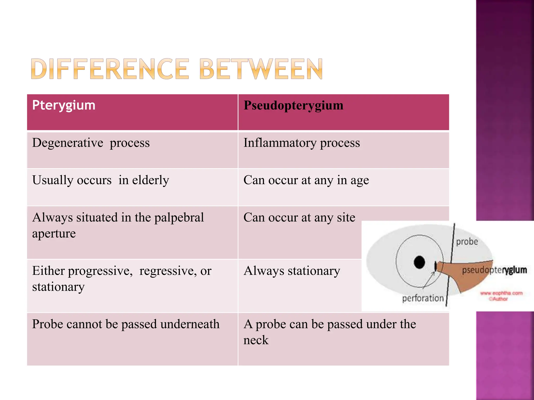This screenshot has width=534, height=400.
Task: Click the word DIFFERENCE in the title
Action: tap(110, 69)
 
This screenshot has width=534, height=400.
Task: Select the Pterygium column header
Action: tap(64, 105)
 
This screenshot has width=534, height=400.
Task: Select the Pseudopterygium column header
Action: tap(293, 105)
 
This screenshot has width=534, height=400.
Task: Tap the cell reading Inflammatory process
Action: tap(301, 143)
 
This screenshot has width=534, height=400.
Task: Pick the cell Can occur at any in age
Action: tap(306, 180)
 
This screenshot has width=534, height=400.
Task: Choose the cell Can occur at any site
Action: tap(299, 217)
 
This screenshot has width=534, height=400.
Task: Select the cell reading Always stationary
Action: tap(292, 271)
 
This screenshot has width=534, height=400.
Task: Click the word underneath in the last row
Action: tap(190, 324)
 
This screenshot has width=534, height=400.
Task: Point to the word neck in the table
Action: tap(256, 340)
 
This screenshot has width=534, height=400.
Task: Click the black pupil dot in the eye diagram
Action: tap(419, 262)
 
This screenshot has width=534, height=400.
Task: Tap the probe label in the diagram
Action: tap(467, 242)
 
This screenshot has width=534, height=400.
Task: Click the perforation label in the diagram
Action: tap(423, 298)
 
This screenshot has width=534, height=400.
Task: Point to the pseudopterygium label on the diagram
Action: tap(494, 270)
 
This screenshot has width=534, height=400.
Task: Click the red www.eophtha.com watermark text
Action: tap(501, 293)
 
